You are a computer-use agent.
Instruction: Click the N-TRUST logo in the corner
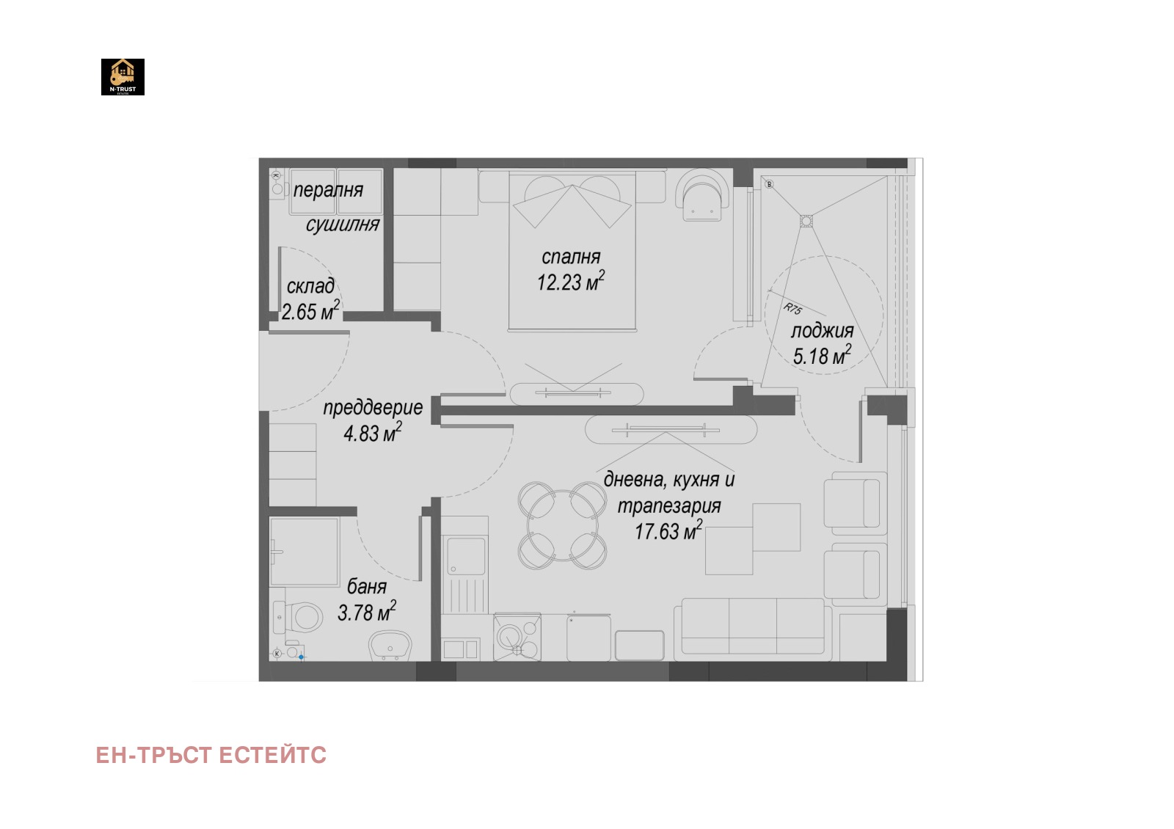tap(123, 77)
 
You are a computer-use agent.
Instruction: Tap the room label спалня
tap(571, 257)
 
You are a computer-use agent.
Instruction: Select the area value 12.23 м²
tap(571, 282)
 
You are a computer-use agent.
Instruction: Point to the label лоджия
tap(822, 331)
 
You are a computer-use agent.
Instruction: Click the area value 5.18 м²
tap(822, 355)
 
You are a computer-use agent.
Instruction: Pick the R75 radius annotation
tap(792, 309)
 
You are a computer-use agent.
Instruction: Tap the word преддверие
tap(373, 408)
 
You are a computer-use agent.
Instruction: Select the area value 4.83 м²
tap(373, 432)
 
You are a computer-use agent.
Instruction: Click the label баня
tap(367, 586)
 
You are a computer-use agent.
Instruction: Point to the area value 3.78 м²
tap(366, 612)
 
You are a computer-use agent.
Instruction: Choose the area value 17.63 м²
tap(668, 530)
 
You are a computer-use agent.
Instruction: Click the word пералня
tap(328, 190)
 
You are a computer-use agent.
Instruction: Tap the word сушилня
tap(343, 224)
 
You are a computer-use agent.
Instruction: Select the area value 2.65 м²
tap(310, 311)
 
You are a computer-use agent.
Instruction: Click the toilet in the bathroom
tap(298, 617)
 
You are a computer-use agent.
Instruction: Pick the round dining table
tap(562, 525)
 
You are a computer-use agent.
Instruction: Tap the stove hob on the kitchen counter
tap(517, 638)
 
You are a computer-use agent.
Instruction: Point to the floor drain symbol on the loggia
tap(806, 221)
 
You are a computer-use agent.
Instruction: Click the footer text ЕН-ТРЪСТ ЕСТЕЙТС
tap(211, 755)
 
